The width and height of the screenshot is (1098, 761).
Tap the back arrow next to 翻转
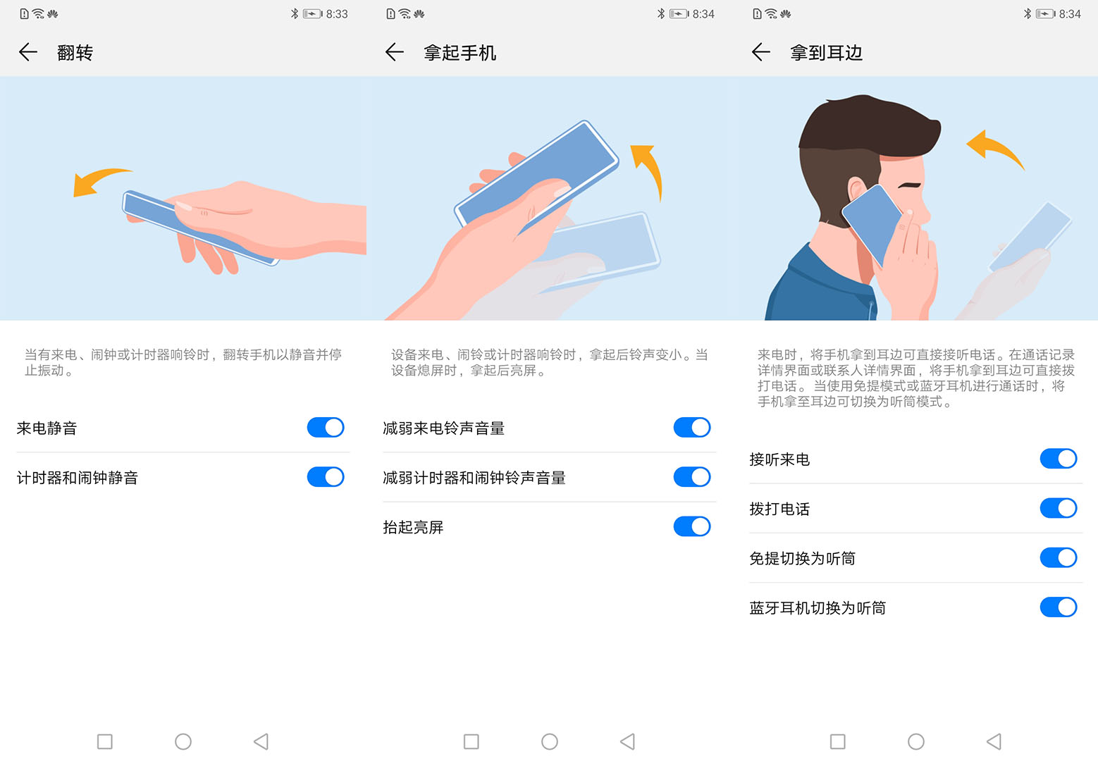[x=28, y=52]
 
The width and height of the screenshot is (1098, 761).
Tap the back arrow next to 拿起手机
[x=395, y=52]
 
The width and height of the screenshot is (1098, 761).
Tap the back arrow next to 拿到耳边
[x=761, y=52]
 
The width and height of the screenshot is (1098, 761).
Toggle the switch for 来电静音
[x=326, y=428]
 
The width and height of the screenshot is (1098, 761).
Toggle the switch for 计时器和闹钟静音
[x=326, y=477]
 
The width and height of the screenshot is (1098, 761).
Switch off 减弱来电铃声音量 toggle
[x=692, y=428]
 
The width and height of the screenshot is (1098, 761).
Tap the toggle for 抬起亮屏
[x=692, y=526]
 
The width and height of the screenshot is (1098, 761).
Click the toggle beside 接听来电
[x=1059, y=459]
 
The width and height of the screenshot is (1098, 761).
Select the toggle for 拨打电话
[x=1059, y=508]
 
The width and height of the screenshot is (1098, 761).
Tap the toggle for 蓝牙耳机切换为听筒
[x=1059, y=607]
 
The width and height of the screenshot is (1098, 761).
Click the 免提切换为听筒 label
[x=802, y=559]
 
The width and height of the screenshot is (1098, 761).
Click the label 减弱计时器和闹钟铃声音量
[x=474, y=478]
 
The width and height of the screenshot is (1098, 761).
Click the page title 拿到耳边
[x=826, y=53]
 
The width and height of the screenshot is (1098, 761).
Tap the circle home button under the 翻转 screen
[x=183, y=741]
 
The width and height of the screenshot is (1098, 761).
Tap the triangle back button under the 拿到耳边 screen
[x=994, y=741]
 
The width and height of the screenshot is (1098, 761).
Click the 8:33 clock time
[x=337, y=14]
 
